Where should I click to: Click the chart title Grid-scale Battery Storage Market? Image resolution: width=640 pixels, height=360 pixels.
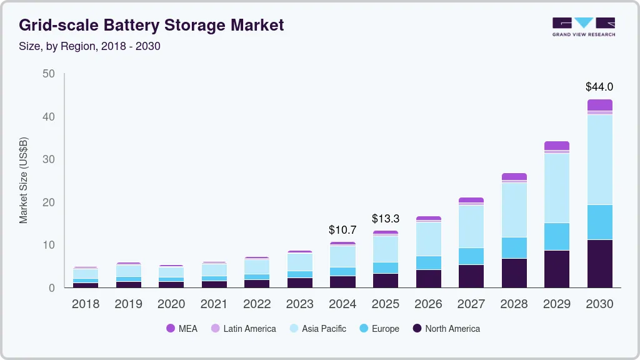151,25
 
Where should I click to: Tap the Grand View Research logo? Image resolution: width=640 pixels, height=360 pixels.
583,26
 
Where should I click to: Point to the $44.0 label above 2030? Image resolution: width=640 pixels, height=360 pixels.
599,87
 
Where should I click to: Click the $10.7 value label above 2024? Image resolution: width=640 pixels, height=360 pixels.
342,230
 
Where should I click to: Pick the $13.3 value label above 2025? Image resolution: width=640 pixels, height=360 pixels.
386,219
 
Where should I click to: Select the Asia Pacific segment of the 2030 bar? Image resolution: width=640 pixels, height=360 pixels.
599,159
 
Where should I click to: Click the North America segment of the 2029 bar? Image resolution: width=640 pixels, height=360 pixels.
556,269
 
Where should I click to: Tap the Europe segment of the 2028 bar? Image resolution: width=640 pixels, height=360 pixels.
514,247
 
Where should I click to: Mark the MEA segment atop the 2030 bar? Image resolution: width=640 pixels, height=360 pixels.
599,105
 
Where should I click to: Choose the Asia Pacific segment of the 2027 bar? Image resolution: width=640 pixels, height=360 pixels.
471,226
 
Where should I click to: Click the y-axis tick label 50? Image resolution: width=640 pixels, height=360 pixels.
49,74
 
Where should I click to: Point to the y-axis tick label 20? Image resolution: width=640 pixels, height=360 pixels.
49,202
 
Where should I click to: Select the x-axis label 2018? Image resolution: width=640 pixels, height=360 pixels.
85,304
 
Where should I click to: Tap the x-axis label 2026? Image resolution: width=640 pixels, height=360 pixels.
428,304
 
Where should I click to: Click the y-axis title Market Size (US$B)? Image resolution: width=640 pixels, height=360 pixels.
24,181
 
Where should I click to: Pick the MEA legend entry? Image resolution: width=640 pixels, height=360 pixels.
182,328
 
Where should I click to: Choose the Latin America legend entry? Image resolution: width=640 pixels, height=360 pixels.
243,328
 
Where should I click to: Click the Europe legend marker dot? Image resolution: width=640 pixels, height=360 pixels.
363,328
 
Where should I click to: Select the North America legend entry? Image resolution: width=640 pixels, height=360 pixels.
446,328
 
